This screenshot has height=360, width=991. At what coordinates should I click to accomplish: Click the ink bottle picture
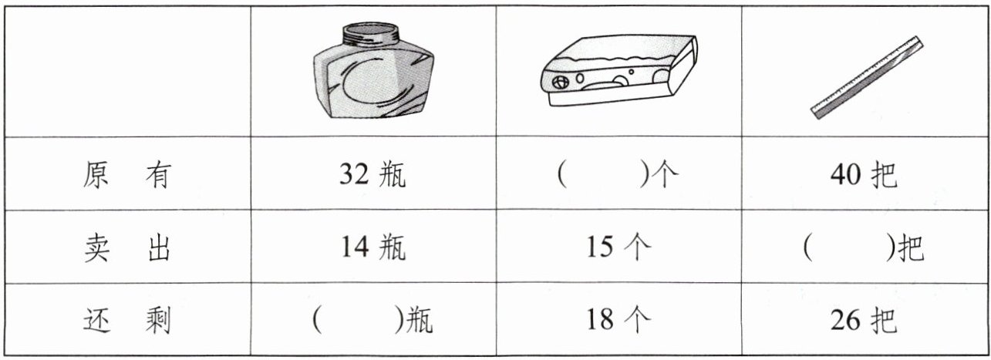(373, 70)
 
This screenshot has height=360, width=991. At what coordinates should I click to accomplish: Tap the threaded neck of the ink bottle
(371, 34)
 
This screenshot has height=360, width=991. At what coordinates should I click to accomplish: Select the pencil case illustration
(619, 70)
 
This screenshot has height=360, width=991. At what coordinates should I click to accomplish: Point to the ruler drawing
(867, 78)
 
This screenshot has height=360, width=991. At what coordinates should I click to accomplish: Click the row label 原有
(127, 175)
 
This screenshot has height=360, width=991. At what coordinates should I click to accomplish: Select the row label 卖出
(127, 247)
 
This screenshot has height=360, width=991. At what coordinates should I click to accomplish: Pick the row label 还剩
(127, 320)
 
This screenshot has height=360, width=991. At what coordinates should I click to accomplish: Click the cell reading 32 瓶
(372, 174)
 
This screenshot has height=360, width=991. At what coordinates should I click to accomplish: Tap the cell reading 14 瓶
(372, 247)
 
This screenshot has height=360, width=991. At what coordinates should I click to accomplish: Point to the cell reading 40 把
(864, 174)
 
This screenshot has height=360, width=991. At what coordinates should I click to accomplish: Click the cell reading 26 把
(864, 320)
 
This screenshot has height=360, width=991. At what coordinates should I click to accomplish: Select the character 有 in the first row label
(158, 175)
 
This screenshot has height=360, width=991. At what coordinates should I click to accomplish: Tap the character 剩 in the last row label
(158, 320)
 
